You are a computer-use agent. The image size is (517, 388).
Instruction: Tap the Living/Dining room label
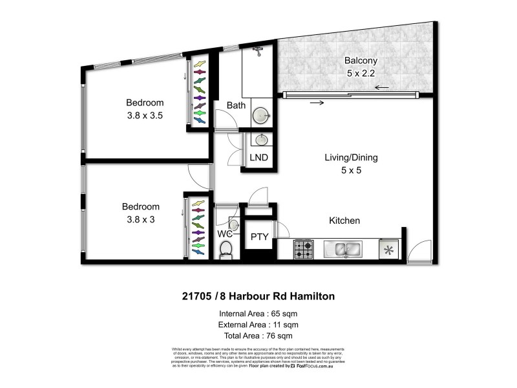point(351,157)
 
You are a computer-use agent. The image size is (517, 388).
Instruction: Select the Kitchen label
point(344,221)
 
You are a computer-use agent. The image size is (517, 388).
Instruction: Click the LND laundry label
point(258,157)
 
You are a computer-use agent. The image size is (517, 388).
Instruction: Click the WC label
point(224,233)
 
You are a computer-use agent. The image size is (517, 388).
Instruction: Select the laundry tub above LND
point(261,140)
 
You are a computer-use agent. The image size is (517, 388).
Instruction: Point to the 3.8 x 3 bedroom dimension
point(140,219)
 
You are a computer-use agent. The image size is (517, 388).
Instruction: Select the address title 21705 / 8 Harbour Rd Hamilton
point(258,297)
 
